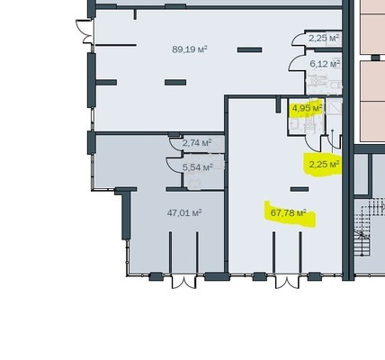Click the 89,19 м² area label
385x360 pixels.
tap(190, 49)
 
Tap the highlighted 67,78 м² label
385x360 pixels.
tap(288, 213)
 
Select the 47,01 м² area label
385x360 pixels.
tap(184, 213)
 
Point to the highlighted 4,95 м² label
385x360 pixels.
tap(307, 108)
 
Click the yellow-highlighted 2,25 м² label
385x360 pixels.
tap(324, 165)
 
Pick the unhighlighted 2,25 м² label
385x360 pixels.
tap(324, 38)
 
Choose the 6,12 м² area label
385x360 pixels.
tap(325, 64)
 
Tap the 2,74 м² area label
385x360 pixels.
tap(197, 142)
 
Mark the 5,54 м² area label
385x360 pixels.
tap(197, 167)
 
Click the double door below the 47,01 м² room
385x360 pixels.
tap(184, 282)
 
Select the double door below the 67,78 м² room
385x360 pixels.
tap(287, 282)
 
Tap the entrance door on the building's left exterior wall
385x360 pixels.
tap(85, 31)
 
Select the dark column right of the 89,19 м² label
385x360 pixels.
tap(249, 49)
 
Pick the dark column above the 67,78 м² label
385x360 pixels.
tap(300, 189)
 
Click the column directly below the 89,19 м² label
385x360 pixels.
tap(175, 82)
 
